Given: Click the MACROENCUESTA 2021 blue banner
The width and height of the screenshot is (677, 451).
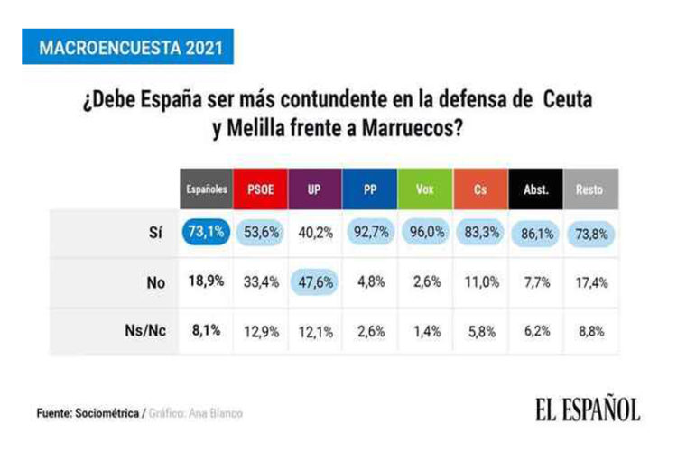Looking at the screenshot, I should tap(127, 47).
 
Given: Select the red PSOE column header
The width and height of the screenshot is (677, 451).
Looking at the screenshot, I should tap(261, 190).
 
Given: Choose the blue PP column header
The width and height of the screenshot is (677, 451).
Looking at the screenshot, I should tap(370, 190).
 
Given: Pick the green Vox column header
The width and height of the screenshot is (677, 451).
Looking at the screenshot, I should tap(424, 190).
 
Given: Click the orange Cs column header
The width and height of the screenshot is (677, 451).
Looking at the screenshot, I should tap(480, 190).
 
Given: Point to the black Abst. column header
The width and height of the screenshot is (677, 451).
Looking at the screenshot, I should tap(534, 190).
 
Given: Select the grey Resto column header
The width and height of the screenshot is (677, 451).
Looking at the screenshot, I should tap(589, 190).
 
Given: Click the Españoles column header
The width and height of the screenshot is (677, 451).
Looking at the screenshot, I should tap(206, 190).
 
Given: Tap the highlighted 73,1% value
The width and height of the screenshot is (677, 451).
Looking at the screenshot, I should tap(206, 233).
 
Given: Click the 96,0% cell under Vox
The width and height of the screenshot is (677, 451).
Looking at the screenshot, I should tap(425, 233).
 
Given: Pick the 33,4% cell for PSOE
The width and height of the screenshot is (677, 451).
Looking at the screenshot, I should tap(261, 281).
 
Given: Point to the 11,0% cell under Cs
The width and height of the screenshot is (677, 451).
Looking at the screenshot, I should tap(480, 281).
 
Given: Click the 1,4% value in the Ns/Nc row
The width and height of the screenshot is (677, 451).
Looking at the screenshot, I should tap(425, 331).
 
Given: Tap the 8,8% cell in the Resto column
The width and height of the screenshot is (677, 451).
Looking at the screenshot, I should tap(589, 331).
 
